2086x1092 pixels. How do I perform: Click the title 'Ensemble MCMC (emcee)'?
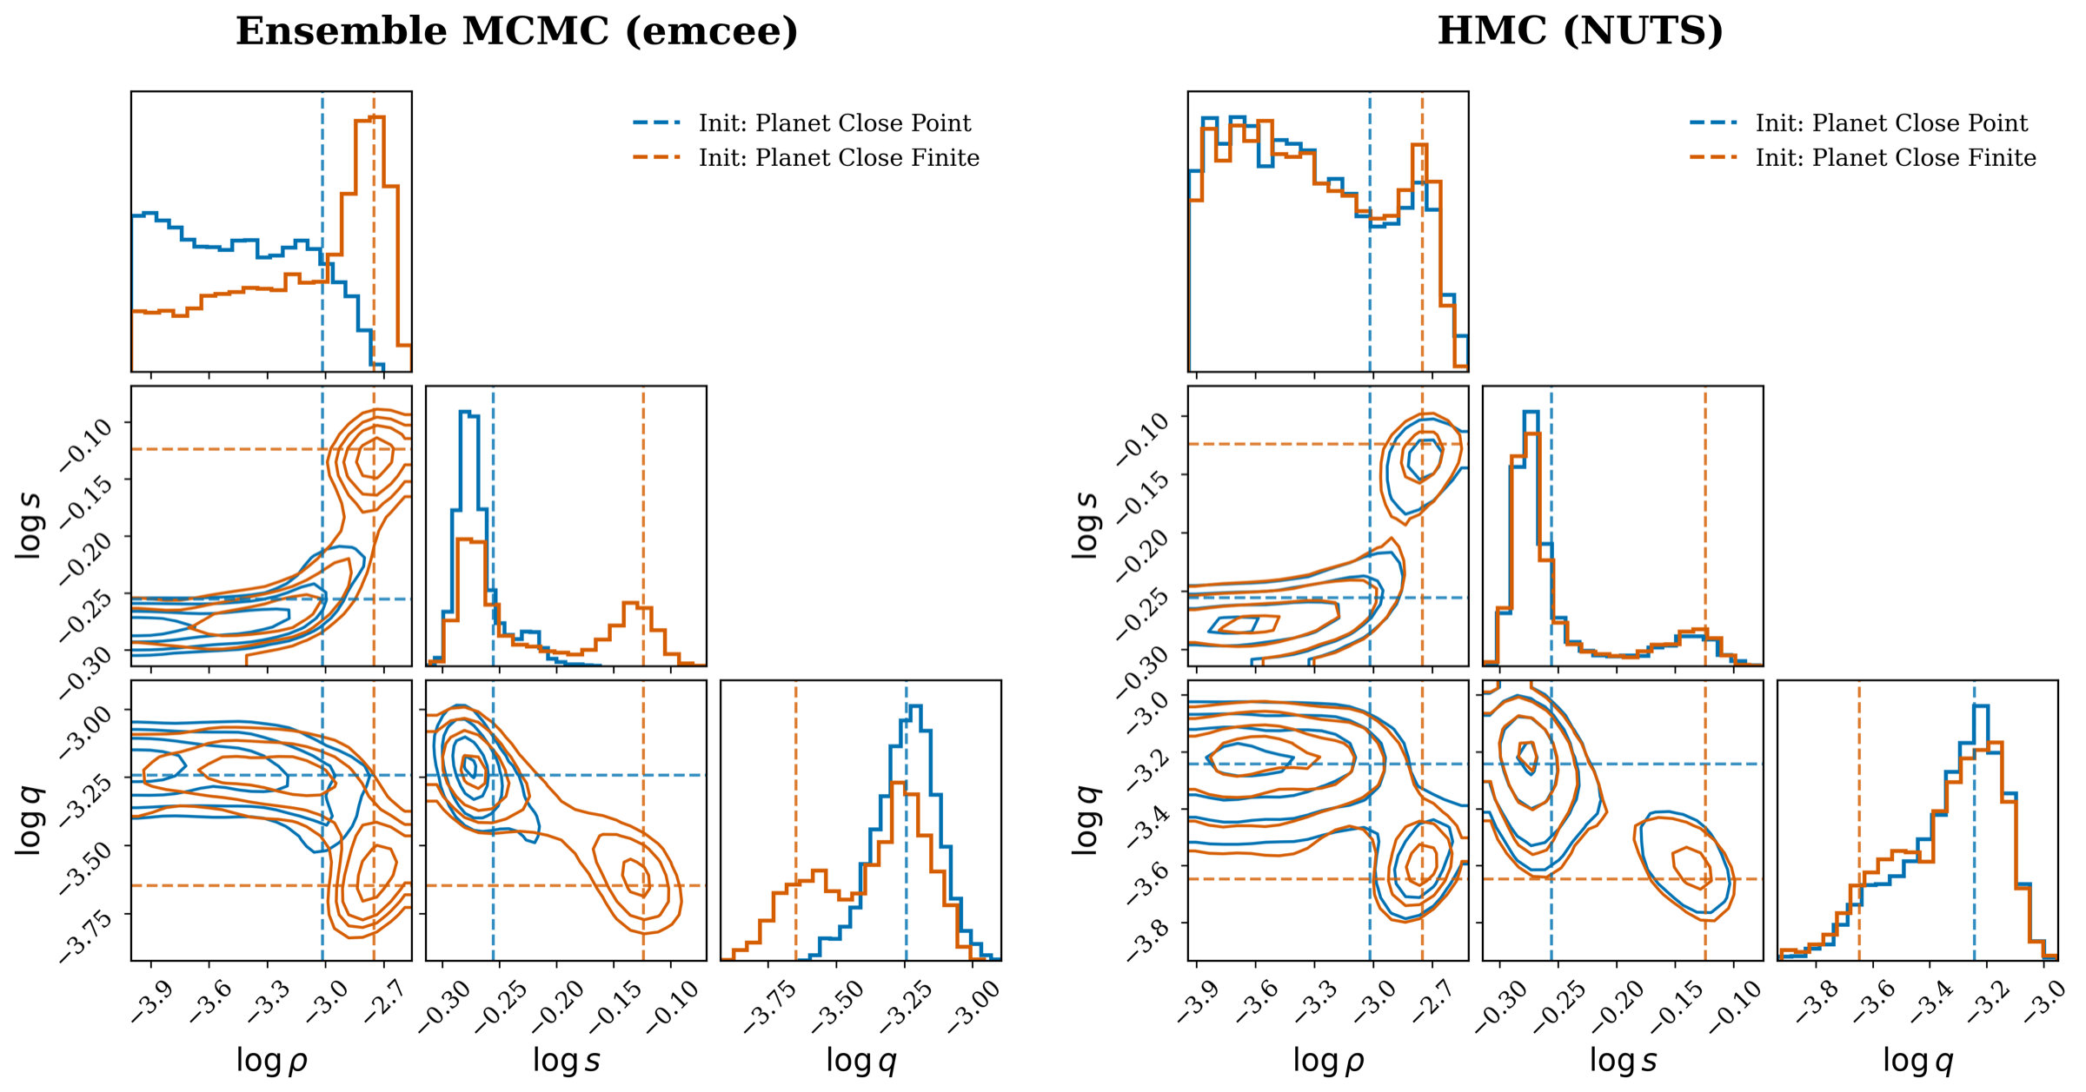tap(516, 32)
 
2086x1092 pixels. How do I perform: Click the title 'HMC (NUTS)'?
tap(1579, 32)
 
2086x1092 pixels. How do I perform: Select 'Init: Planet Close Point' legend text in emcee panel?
tap(834, 123)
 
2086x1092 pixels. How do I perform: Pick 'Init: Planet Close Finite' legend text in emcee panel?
tap(839, 158)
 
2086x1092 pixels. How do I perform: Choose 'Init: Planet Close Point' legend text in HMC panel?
tap(1891, 123)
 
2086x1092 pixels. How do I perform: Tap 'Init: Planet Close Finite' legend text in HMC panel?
tap(1896, 158)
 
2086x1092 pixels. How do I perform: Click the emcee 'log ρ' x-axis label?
tap(271, 1061)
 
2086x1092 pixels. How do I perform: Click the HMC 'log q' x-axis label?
tap(1917, 1061)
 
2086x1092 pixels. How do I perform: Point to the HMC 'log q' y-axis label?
tap(1086, 820)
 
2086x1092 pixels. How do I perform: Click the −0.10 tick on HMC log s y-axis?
tap(1142, 439)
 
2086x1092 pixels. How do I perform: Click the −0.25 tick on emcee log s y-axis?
tap(87, 617)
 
